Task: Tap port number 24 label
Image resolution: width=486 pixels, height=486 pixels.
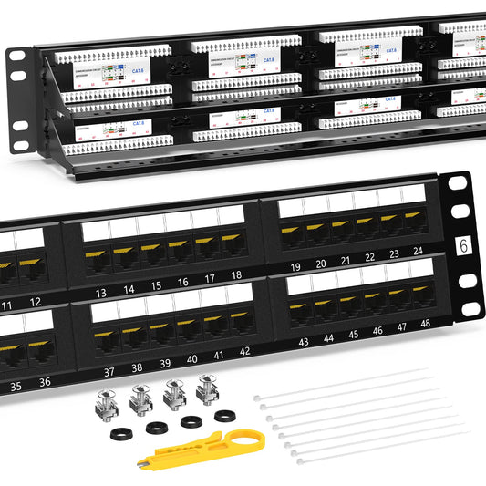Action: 419,252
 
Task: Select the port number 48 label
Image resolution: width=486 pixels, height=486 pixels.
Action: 425,324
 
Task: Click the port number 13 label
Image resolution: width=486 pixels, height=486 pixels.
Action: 101,292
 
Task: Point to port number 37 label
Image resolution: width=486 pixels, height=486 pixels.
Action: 109,371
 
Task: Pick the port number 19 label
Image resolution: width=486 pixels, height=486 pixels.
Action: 295,266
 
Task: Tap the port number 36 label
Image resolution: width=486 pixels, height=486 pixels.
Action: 43,383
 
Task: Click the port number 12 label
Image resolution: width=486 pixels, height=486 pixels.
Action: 35,302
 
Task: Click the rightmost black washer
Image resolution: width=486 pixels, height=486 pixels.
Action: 222,417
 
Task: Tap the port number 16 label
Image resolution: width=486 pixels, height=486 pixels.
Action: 182,283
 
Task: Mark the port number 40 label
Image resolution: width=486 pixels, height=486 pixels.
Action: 191,359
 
